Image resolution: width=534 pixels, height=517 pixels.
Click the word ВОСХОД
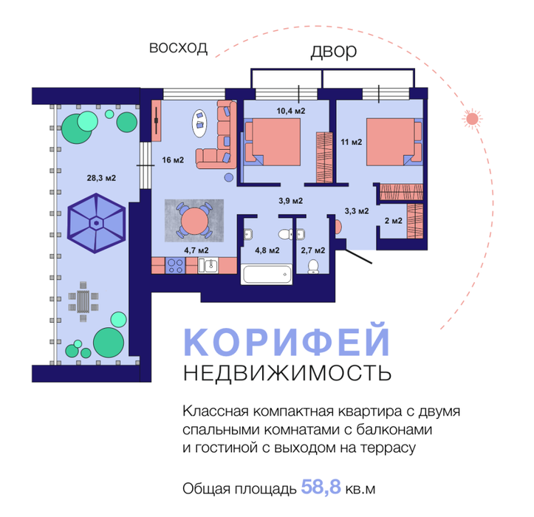pyautogui.click(x=178, y=48)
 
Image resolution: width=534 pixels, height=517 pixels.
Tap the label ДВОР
pyautogui.click(x=334, y=52)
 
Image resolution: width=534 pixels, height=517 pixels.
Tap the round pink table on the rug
pyautogui.click(x=194, y=220)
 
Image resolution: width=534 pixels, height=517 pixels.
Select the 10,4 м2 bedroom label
pyautogui.click(x=290, y=111)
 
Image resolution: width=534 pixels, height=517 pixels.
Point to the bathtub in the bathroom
pyautogui.click(x=266, y=273)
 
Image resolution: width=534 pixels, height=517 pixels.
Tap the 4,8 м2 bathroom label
pyautogui.click(x=267, y=250)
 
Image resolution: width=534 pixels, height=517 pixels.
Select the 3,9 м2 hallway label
pyautogui.click(x=291, y=199)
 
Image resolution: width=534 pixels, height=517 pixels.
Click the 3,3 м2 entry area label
pyautogui.click(x=356, y=211)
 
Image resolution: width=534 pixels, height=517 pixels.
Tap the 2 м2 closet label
pyautogui.click(x=393, y=220)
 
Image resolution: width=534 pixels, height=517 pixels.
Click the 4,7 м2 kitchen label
pyautogui.click(x=196, y=250)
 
